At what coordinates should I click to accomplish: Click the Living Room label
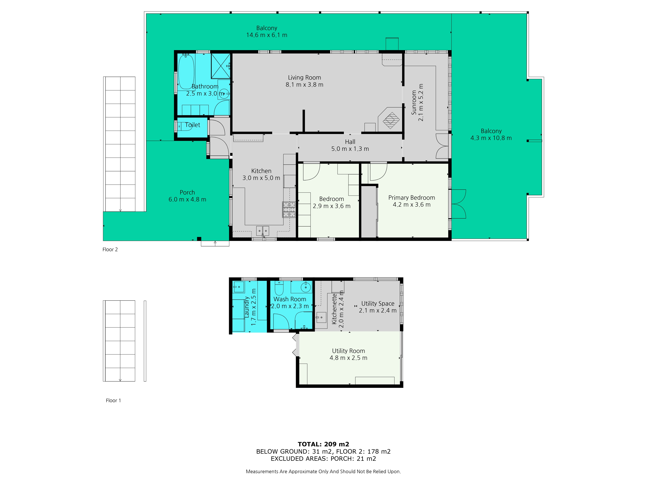click(x=304, y=77)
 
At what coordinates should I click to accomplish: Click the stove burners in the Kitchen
click(x=289, y=209)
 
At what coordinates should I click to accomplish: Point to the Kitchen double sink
click(x=262, y=231)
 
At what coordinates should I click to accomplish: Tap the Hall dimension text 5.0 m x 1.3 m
click(x=350, y=149)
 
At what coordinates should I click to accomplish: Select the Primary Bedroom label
click(x=411, y=198)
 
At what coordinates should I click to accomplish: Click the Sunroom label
click(x=414, y=102)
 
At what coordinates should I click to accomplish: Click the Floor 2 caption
click(x=110, y=249)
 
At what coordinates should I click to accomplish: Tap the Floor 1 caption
click(x=113, y=400)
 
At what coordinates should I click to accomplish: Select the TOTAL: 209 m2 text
click(x=323, y=444)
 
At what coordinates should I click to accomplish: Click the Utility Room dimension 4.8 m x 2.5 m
click(x=348, y=358)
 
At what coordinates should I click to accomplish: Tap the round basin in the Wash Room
click(x=306, y=287)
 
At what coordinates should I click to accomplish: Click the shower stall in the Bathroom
click(x=220, y=66)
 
